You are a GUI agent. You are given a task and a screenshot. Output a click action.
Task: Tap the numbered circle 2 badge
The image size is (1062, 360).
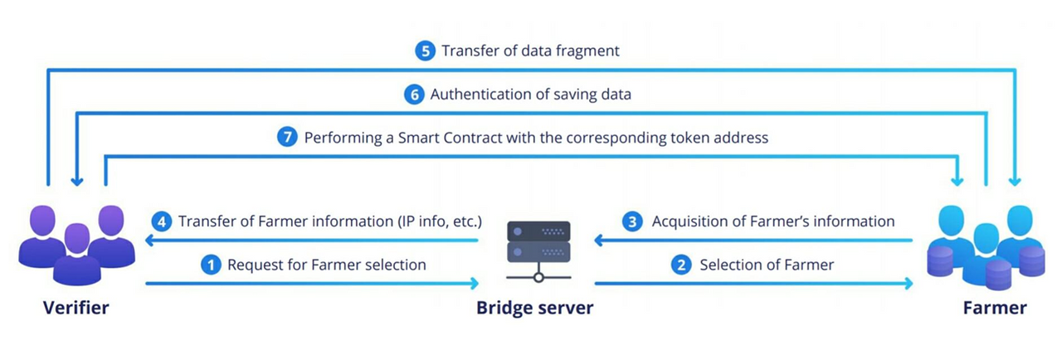tap(681, 265)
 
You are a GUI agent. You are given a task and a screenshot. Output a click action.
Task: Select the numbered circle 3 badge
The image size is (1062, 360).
tap(634, 221)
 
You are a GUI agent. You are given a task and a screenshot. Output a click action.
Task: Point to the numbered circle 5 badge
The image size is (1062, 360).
tap(424, 51)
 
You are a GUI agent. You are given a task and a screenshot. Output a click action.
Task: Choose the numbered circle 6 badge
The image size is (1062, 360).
tap(413, 94)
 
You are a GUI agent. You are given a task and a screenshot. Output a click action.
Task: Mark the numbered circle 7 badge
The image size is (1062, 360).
tap(287, 138)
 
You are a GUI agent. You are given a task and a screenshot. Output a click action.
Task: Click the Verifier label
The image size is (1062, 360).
tap(76, 309)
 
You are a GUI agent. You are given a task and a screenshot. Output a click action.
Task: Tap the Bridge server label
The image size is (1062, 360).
tap(535, 309)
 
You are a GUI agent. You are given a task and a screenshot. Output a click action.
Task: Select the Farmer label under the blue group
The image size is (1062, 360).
tap(995, 309)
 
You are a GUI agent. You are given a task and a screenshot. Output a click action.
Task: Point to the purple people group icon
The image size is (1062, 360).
tap(77, 244)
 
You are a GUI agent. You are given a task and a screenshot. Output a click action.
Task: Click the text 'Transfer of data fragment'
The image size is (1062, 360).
tap(530, 51)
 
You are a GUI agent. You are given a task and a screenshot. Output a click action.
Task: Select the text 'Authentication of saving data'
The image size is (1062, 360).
tap(530, 94)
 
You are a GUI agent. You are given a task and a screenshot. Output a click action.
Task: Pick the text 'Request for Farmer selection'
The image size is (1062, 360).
tap(326, 265)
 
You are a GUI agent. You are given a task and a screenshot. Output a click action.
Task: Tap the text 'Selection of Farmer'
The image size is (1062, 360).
tap(767, 265)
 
